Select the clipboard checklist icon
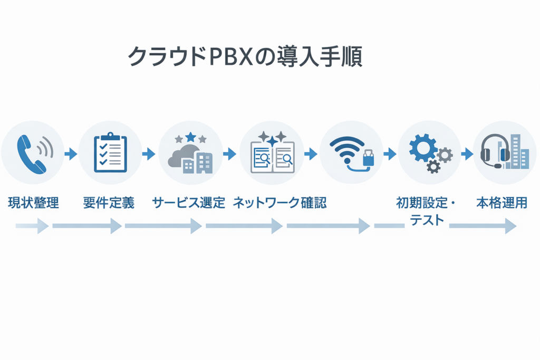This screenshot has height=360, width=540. (110, 153)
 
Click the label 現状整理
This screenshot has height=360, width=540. (33, 202)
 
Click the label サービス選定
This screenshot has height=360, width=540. (188, 202)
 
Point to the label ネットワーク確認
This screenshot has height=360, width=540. (279, 202)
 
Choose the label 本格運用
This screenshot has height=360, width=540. (502, 202)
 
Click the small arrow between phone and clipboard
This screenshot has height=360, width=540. (71, 154)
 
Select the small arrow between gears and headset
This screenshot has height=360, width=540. (467, 154)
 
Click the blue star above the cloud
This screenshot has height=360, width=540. (190, 137)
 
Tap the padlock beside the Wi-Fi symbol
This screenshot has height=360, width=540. (369, 158)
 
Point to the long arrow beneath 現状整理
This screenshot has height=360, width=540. (32, 227)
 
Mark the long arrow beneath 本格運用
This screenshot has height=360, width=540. (483, 227)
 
